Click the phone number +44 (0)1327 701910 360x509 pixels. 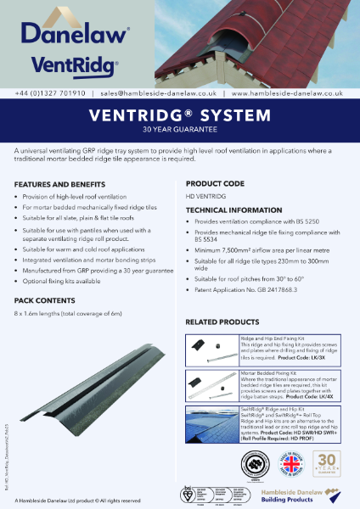[x=48, y=94]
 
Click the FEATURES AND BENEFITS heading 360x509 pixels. [x=61, y=184]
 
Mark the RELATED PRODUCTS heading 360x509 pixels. [x=222, y=322]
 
